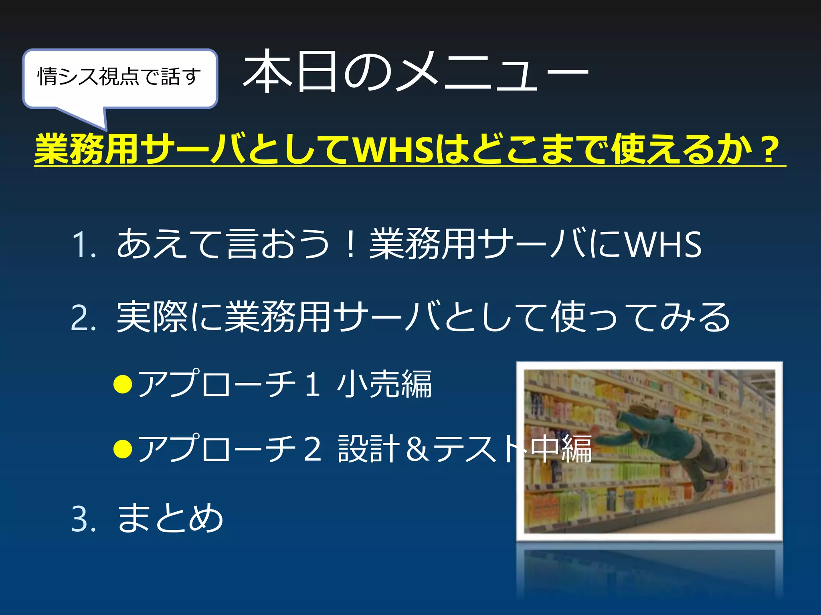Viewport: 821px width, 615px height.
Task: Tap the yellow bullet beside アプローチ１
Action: (x=123, y=384)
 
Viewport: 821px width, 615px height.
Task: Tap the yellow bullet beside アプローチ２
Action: (x=123, y=449)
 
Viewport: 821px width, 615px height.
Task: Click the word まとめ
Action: (x=170, y=518)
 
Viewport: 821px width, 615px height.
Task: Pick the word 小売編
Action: (x=384, y=384)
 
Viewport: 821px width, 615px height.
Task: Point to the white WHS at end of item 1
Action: (x=663, y=244)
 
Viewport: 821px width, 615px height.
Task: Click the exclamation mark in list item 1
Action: (x=350, y=244)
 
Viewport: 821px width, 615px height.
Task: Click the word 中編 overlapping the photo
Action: (x=561, y=448)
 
